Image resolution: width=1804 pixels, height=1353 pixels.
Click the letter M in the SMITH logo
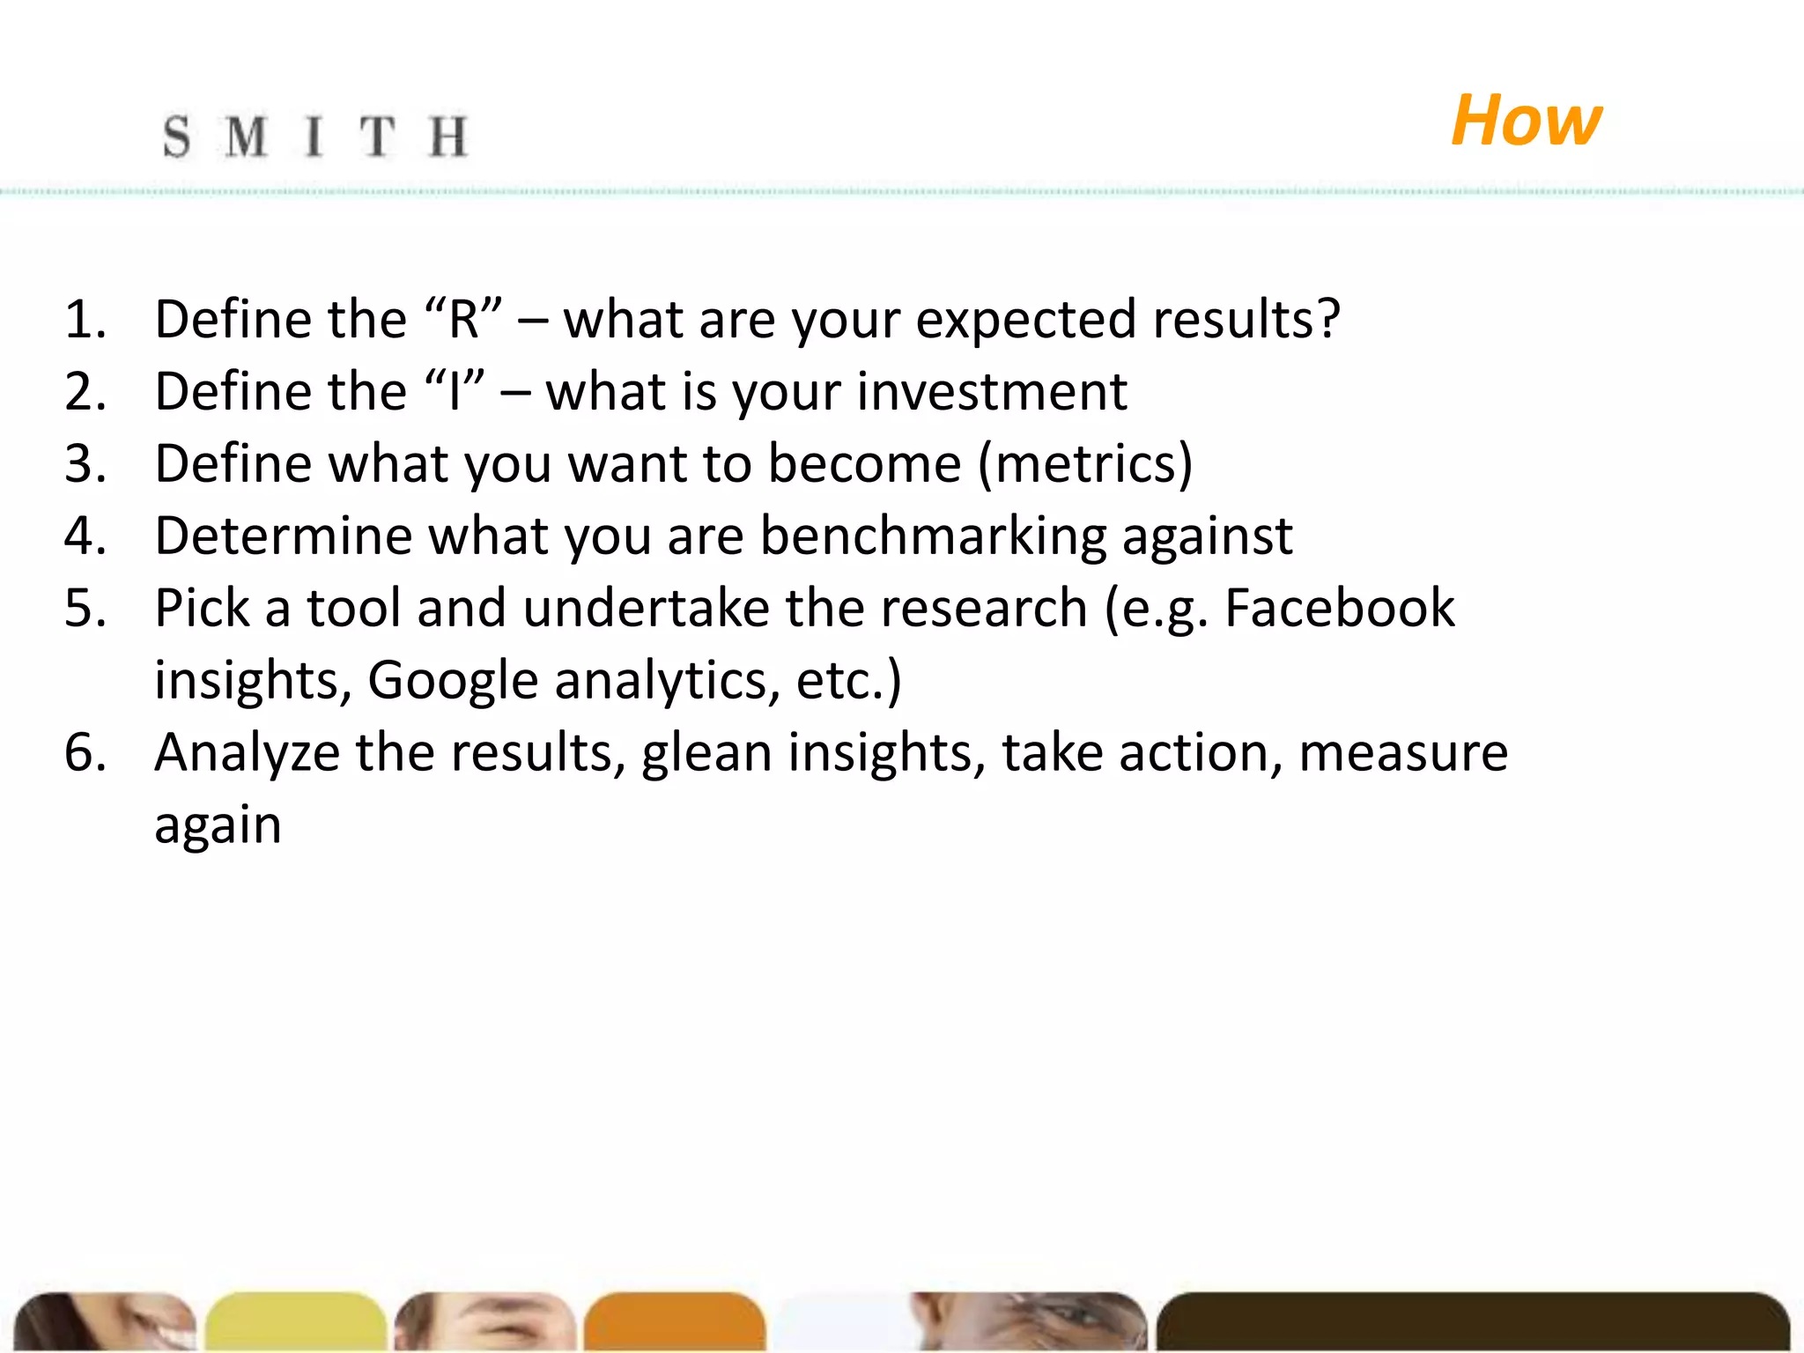(x=246, y=137)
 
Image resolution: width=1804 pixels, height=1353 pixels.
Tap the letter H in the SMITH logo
(x=448, y=137)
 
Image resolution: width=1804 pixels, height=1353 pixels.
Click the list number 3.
(x=85, y=463)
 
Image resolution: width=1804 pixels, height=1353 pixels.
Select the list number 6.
(x=85, y=752)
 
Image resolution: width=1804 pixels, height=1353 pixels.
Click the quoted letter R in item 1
(x=463, y=319)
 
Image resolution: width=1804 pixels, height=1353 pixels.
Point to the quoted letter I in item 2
(x=455, y=391)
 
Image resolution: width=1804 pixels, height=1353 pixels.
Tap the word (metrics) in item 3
(x=1085, y=463)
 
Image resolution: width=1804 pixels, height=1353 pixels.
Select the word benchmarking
(x=932, y=536)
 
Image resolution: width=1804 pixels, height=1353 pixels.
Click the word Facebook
(x=1339, y=608)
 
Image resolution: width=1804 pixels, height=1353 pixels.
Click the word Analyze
(x=247, y=752)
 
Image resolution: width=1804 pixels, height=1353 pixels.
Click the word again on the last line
(x=218, y=826)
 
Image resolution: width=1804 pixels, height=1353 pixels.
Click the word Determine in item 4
(x=283, y=536)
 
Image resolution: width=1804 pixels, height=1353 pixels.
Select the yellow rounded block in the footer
(x=296, y=1321)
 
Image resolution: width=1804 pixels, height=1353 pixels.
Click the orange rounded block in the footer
(x=674, y=1321)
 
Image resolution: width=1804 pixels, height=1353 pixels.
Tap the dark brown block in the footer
(x=1471, y=1321)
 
